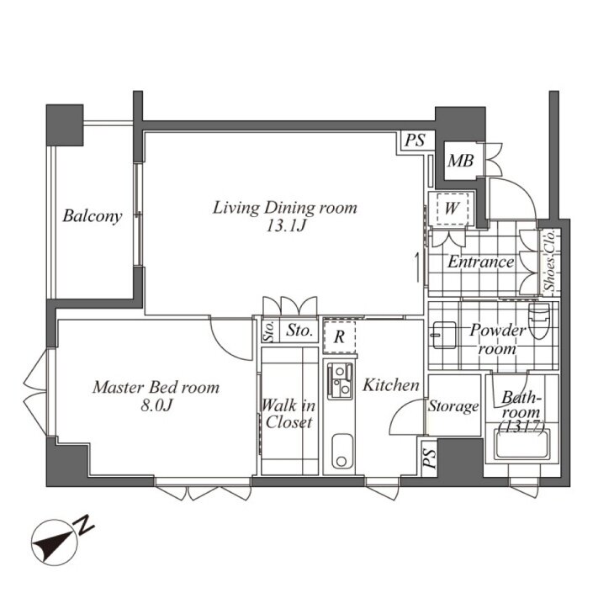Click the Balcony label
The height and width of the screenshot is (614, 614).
[x=92, y=216]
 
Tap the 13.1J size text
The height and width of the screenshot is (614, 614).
[x=285, y=226]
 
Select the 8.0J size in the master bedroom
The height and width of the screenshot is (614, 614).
[x=156, y=405]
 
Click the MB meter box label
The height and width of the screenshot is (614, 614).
[x=461, y=161]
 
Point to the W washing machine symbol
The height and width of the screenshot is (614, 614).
[x=452, y=209]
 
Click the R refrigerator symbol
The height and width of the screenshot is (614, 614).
[x=340, y=336]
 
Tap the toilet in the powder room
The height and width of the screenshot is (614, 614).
[x=539, y=321]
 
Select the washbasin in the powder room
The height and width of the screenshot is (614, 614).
[x=444, y=335]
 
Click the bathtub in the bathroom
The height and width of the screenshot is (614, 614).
[x=522, y=444]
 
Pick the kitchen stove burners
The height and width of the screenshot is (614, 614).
[x=340, y=381]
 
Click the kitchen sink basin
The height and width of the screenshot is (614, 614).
[x=341, y=451]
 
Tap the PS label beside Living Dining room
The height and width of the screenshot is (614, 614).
[x=415, y=140]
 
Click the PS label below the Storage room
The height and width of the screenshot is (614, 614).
[x=430, y=459]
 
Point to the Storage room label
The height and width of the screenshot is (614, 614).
[x=453, y=406]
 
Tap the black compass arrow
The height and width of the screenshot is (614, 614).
[x=53, y=542]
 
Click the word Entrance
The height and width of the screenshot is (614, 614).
[x=481, y=262]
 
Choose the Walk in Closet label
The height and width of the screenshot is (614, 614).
[x=289, y=414]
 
